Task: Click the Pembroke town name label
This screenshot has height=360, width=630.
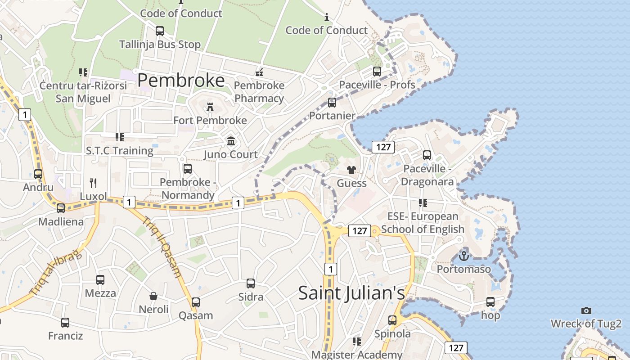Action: point(181,80)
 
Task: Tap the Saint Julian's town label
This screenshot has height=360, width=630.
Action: point(351,293)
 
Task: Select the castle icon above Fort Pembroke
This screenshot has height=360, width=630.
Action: point(210,107)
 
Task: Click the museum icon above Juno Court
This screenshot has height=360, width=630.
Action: point(231,141)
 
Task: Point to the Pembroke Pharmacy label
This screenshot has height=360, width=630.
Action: point(259,92)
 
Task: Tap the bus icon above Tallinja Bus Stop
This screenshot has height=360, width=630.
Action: point(160,31)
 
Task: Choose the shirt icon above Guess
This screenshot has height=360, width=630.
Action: point(351,170)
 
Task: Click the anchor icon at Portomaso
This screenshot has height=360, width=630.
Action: point(464,256)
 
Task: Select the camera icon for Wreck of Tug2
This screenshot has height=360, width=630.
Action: point(586,310)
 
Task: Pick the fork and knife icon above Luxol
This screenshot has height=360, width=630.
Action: point(93,183)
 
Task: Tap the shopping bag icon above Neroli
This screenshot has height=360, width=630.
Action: point(153,296)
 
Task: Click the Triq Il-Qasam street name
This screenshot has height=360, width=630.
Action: point(162,247)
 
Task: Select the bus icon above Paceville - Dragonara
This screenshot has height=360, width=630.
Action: point(427,155)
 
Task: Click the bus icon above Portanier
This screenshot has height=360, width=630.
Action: point(332,103)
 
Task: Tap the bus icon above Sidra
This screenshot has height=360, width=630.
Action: point(251,283)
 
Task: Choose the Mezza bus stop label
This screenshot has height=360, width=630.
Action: point(100,293)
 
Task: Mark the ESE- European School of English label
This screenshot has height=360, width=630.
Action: point(423,223)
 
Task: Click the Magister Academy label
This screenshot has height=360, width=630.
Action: point(357,355)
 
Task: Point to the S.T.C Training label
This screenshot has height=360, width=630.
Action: point(120,150)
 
